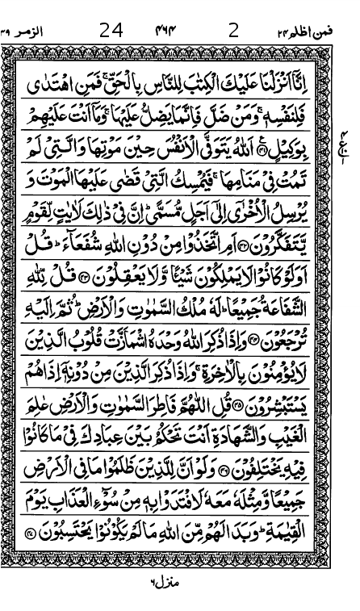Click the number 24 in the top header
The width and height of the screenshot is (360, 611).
pyautogui.click(x=111, y=31)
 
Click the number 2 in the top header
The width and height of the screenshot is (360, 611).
pyautogui.click(x=234, y=31)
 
